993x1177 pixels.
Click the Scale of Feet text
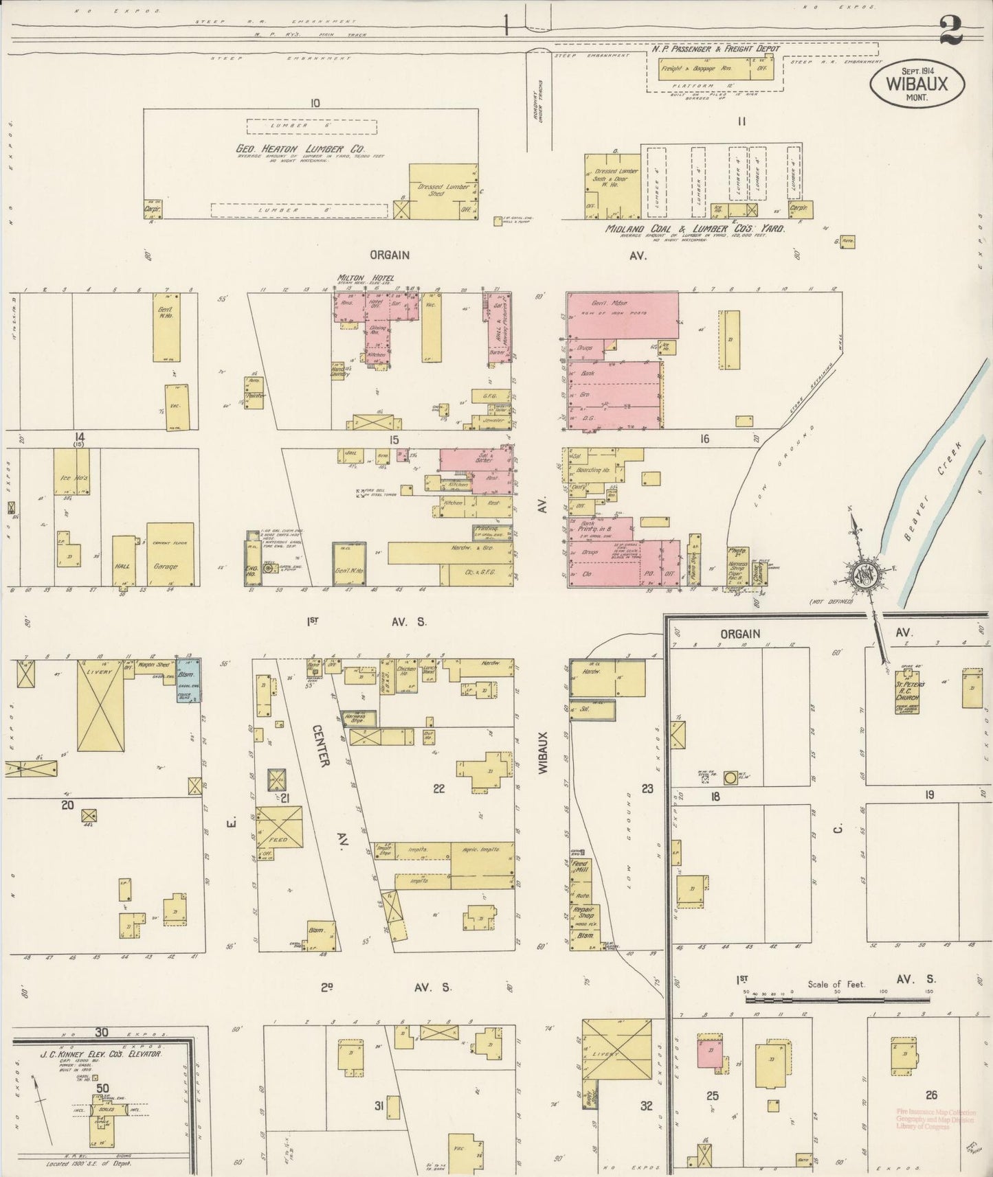point(836,983)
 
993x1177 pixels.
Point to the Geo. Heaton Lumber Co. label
point(300,149)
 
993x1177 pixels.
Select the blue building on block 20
point(188,680)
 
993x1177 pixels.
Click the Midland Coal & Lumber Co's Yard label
point(694,229)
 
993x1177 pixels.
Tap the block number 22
point(438,788)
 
